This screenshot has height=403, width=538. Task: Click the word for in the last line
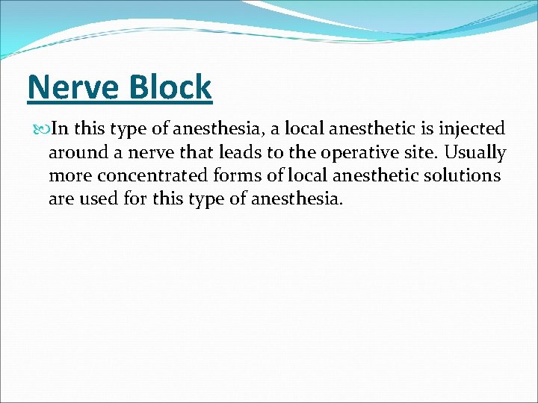tap(138, 199)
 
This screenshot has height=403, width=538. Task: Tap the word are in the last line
tap(62, 199)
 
